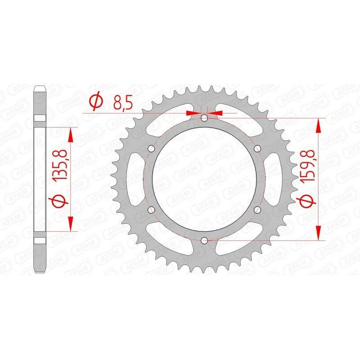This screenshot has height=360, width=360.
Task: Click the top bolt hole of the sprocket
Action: tap(204, 118)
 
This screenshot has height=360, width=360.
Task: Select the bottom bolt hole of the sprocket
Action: tap(204, 240)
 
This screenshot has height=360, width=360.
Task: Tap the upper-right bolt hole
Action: tap(257, 148)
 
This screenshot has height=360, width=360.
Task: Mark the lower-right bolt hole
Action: tap(257, 209)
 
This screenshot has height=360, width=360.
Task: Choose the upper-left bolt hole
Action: tap(151, 148)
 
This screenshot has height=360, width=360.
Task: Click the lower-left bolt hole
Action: tap(151, 209)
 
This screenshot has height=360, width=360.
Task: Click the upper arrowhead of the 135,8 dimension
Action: tap(71, 133)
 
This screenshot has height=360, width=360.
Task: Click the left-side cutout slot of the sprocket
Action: tap(133, 179)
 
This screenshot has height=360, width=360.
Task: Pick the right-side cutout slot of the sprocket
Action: tap(275, 179)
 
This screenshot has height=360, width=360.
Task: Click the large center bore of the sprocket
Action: tap(204, 179)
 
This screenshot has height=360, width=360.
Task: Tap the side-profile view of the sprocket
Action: tap(39, 179)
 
